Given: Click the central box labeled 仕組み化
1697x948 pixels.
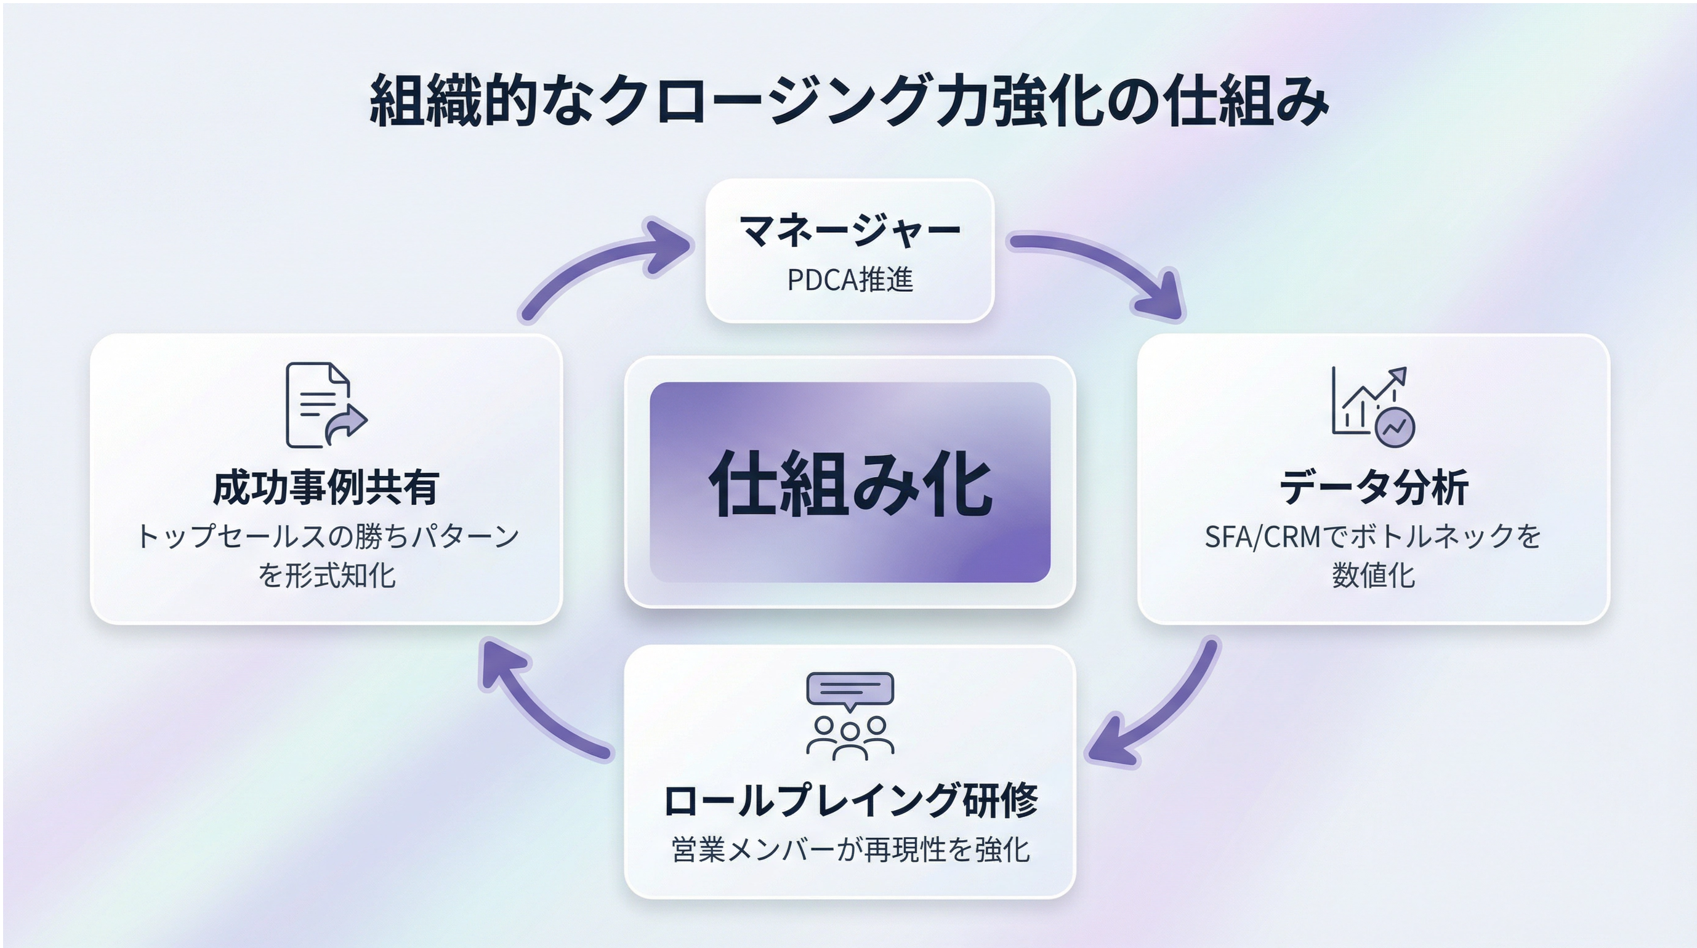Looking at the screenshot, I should (850, 482).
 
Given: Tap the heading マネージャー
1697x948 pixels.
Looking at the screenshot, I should (850, 231).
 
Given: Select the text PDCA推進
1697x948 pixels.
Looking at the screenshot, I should (850, 280).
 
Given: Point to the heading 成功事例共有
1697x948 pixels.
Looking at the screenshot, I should (326, 488).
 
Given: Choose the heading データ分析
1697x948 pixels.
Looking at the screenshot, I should (1374, 488).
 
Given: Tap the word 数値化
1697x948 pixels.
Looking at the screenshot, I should (1374, 575).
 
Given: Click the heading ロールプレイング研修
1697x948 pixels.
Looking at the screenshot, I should (850, 800).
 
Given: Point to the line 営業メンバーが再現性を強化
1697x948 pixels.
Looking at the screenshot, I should (850, 850).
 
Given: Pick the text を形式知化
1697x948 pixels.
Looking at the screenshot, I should (326, 575).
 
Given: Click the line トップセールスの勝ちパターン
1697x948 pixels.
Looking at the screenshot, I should (327, 537).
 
